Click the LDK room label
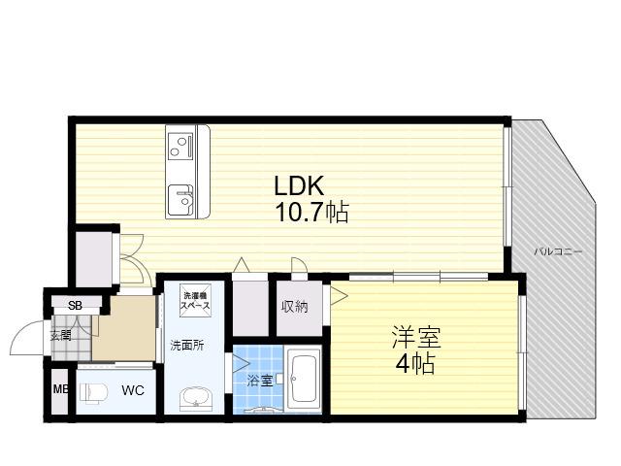299,185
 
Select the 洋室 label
416,337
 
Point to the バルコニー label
558,251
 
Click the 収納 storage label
295,307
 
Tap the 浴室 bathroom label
259,381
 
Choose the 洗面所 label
187,346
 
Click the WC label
133,390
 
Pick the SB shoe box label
75,305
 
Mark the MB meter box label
60,389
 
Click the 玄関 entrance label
60,336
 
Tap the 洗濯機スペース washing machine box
194,301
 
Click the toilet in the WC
94,392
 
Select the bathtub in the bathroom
304,380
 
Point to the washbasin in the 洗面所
196,397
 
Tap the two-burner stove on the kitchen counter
180,146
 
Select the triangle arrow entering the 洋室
339,296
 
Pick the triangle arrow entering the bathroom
240,364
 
